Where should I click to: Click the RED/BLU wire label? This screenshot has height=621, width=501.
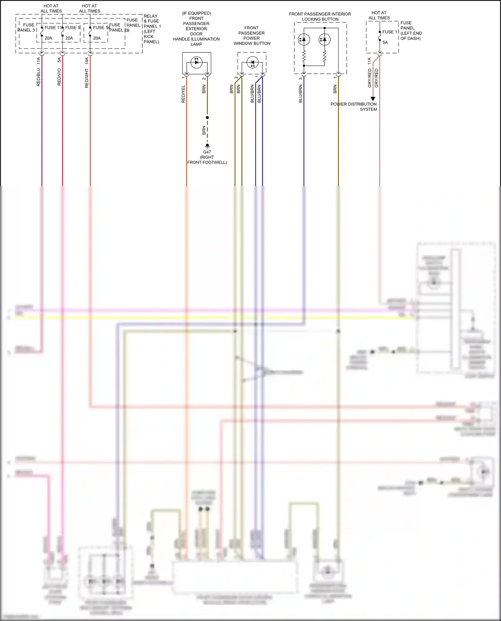(x=38, y=77)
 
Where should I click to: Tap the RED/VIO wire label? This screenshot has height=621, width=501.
(x=59, y=77)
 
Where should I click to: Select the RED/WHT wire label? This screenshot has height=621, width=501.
(x=87, y=78)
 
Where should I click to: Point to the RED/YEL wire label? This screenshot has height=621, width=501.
(x=183, y=94)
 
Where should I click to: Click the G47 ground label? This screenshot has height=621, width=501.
(x=207, y=152)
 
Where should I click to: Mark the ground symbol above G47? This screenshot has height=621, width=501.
(x=207, y=146)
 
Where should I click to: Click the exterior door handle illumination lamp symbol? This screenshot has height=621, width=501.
(x=196, y=62)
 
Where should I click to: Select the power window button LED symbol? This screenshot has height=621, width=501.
(x=252, y=62)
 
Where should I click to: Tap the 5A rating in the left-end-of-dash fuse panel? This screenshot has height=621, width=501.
(x=385, y=42)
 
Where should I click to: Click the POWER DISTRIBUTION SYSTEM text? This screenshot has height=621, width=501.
(x=354, y=107)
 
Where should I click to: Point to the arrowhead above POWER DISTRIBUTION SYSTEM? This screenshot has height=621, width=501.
(x=373, y=99)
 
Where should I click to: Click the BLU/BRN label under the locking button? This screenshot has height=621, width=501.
(x=300, y=93)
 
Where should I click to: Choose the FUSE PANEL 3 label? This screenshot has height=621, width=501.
(x=27, y=27)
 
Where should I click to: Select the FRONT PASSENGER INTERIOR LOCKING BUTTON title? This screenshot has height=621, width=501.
(x=320, y=17)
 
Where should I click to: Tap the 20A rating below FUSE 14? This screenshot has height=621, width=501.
(x=97, y=38)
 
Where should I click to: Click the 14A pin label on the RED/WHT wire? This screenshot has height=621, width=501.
(x=87, y=60)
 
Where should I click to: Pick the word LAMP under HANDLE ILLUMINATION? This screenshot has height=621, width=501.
(x=196, y=44)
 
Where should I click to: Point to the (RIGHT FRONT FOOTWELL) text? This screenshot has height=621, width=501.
(x=207, y=160)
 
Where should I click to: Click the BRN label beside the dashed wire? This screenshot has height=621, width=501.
(x=204, y=130)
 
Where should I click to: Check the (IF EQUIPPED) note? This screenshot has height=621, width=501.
(x=196, y=13)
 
